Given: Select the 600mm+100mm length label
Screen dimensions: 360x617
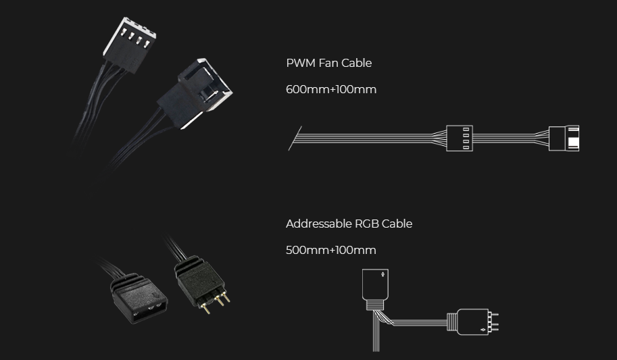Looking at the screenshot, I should click(331, 89).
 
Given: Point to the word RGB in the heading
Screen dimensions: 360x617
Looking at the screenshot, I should click(366, 224).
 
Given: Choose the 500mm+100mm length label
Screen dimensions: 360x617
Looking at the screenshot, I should click(330, 251).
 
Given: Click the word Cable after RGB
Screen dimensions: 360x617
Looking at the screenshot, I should click(397, 224).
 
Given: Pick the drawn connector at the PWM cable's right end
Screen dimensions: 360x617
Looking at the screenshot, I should click(564, 138).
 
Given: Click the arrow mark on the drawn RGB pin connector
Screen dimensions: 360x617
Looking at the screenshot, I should click(482, 330).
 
